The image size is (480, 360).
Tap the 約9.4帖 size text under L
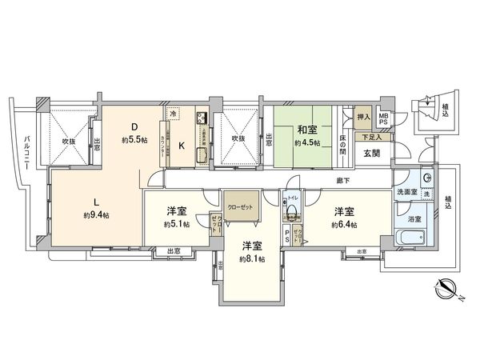[x=97, y=216]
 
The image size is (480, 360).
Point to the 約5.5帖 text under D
[x=134, y=140]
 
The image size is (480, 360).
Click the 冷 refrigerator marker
[x=174, y=115]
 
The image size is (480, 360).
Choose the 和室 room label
[x=309, y=129]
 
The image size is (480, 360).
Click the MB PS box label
[x=384, y=120]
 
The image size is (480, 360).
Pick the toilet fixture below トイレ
[x=294, y=212]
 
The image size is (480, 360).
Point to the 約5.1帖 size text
[x=177, y=225]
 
